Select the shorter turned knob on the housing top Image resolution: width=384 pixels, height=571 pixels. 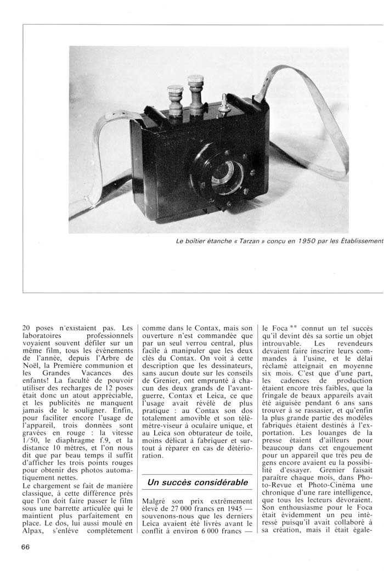175,100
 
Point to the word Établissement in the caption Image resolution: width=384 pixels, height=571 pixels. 357,241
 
